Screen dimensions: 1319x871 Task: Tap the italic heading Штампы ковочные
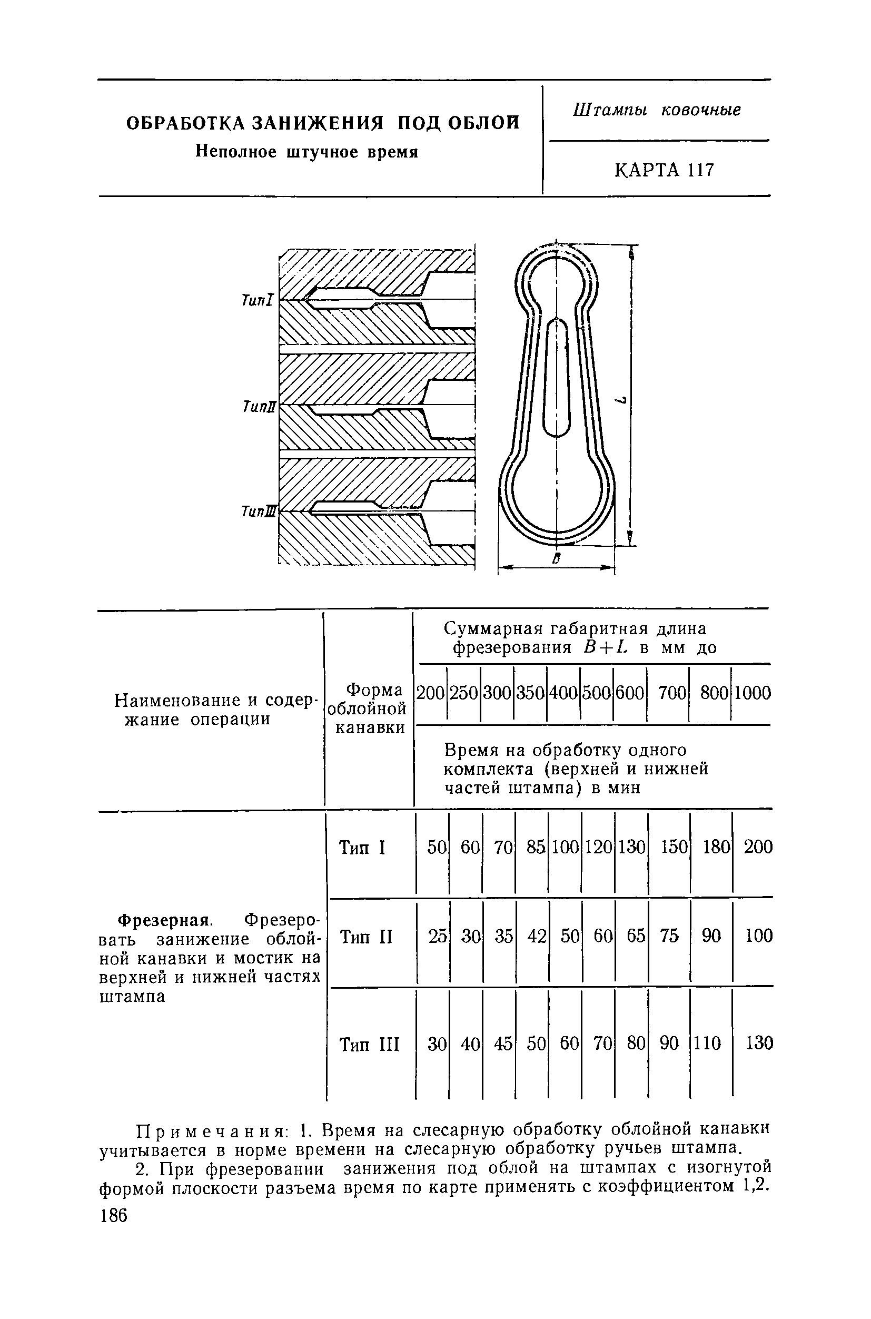[657, 110]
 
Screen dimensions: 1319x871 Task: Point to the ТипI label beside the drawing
[258, 301]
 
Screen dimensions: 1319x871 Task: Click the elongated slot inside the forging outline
[557, 378]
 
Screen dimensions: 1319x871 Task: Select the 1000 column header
[753, 693]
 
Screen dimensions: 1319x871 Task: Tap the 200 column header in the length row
[431, 693]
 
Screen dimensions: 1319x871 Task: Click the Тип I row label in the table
[362, 848]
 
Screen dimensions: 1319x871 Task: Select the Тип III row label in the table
[369, 1045]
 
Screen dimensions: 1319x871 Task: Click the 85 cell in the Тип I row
[536, 848]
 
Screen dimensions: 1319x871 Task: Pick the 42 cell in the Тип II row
[537, 936]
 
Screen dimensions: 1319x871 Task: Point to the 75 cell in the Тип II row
[669, 936]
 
